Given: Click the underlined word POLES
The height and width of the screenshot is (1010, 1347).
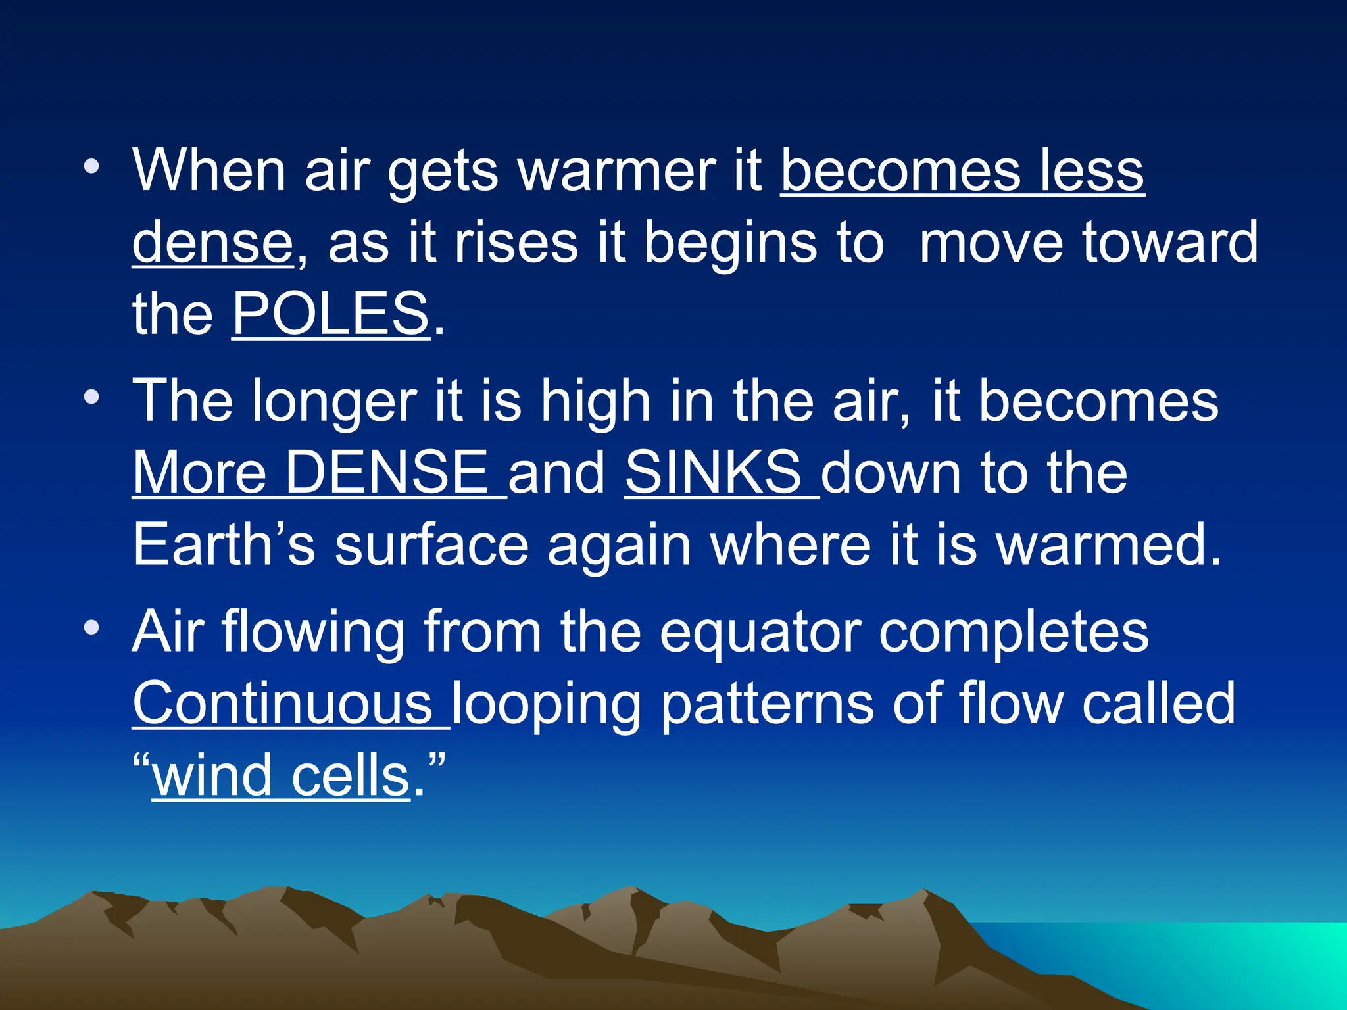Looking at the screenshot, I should point(331,314).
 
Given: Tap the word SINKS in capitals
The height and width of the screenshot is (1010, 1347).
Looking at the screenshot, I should point(713,473).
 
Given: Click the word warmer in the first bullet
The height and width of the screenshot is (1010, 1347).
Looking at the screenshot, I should point(616,171).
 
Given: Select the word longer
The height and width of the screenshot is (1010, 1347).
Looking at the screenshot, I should point(333,402).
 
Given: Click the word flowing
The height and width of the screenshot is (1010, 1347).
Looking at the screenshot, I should point(314,633).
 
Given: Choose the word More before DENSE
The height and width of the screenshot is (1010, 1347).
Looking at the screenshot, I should point(200,473).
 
